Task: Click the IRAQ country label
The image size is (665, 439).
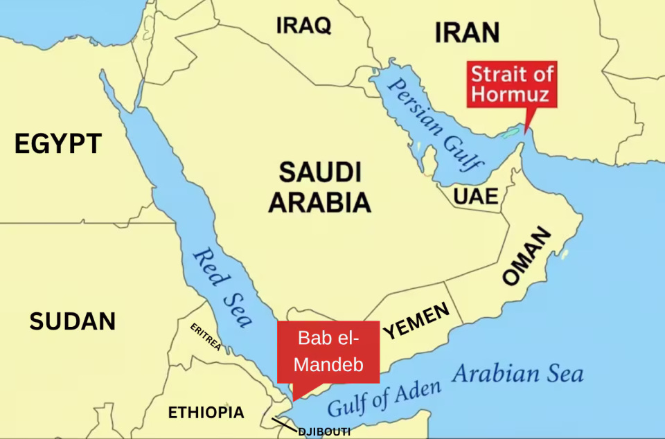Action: (303, 26)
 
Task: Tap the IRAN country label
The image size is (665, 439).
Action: (467, 33)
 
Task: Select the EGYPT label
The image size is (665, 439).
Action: (58, 144)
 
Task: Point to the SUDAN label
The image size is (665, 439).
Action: (72, 321)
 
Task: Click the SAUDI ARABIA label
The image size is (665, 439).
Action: (320, 187)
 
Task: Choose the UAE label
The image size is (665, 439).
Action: (476, 197)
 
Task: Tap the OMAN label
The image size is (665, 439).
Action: (527, 256)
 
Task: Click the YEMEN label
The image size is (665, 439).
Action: (416, 321)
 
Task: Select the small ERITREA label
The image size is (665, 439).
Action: (206, 337)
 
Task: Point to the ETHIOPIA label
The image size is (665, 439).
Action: (206, 413)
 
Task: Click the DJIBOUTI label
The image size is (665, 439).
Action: (324, 432)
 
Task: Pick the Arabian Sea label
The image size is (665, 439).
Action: (517, 375)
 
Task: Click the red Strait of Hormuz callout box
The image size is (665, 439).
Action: (512, 84)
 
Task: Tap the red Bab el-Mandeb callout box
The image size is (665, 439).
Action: (330, 350)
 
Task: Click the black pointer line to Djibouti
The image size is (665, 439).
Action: (283, 424)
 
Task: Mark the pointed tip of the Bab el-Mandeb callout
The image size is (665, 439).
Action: (294, 400)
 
